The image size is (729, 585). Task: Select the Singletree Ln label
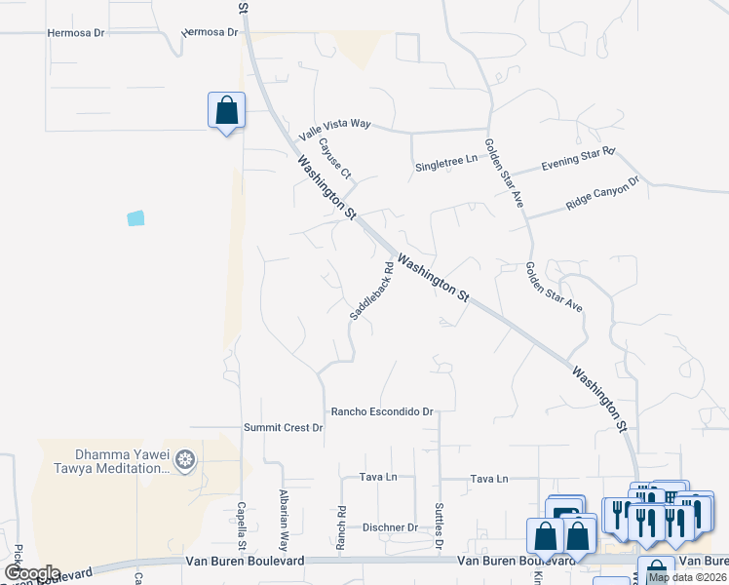click(446, 159)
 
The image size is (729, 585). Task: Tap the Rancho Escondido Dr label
click(381, 412)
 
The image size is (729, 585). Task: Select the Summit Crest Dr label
click(283, 428)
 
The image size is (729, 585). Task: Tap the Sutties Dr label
click(439, 525)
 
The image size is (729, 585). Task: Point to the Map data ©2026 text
click(686, 577)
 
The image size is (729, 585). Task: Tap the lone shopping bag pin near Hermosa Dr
click(226, 110)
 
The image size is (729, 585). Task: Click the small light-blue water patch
click(135, 218)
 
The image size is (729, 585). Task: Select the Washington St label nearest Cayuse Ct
click(327, 185)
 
